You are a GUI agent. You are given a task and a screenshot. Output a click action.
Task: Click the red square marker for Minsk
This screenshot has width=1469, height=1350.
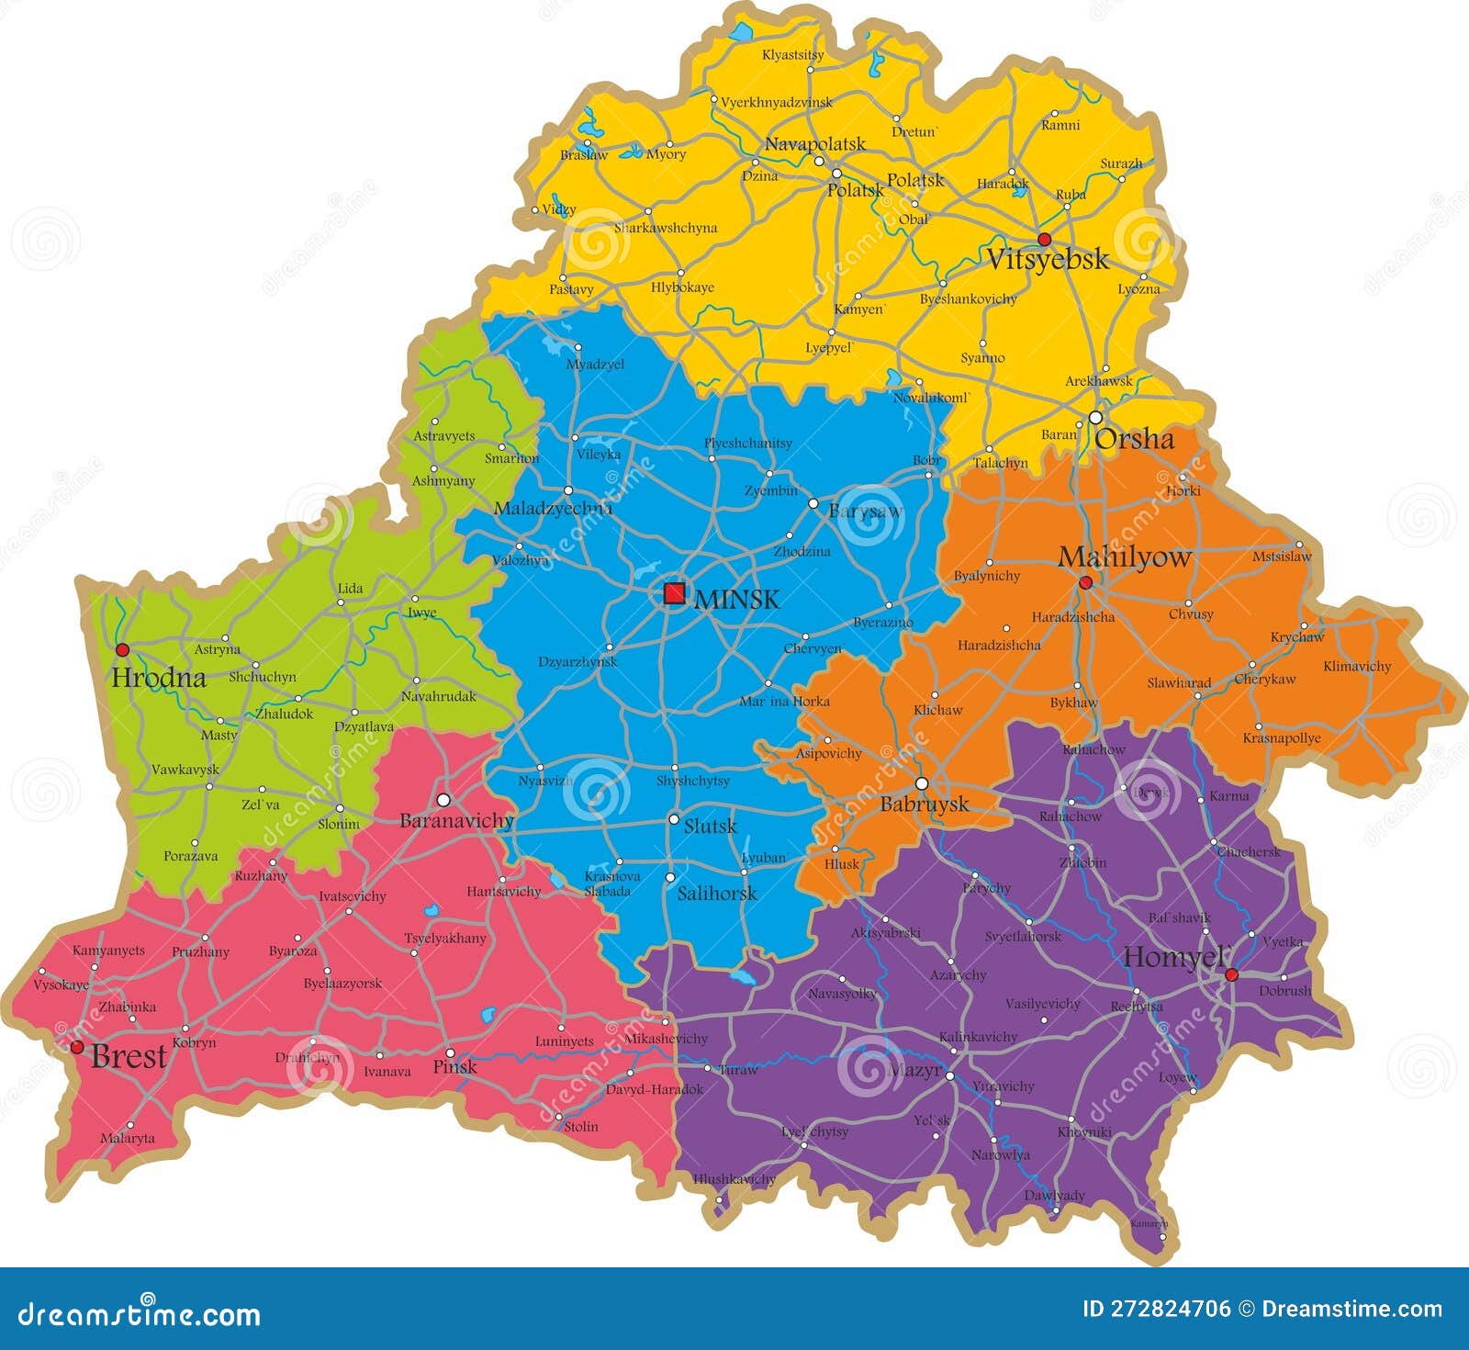(x=674, y=593)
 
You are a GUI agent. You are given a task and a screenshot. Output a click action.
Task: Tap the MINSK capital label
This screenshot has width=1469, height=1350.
(x=737, y=600)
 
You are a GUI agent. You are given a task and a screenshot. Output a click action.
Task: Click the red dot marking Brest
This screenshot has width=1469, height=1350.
(x=77, y=1047)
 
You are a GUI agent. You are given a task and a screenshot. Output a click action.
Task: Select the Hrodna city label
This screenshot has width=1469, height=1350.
(x=158, y=679)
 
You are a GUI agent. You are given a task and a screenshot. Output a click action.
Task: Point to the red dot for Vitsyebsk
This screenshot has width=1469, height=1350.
(x=1044, y=239)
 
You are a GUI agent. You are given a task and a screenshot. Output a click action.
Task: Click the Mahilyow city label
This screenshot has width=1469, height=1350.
(x=1124, y=557)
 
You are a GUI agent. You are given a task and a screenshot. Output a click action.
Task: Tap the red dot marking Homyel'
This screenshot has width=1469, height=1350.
(x=1231, y=974)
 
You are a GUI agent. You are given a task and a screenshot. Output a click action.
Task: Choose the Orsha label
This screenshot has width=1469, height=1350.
(x=1134, y=439)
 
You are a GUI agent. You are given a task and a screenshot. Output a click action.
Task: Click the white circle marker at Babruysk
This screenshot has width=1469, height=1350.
(x=922, y=783)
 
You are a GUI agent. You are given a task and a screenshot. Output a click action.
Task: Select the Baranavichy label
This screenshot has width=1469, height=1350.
(x=456, y=820)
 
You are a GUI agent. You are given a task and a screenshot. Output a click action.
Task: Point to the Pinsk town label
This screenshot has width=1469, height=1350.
(x=454, y=1066)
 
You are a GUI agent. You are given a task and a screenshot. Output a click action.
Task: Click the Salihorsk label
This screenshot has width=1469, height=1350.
(x=716, y=893)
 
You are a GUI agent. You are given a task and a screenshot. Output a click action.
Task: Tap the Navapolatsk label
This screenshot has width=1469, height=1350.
(x=814, y=143)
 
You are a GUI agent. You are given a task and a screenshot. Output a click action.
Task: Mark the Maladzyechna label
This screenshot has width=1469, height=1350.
(x=553, y=508)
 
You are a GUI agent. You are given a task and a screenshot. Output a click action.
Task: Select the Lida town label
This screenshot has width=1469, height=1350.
(x=350, y=588)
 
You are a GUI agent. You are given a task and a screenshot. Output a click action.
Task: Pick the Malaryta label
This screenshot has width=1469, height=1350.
(x=127, y=1138)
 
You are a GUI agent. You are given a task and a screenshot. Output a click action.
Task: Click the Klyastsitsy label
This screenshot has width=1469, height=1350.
(x=792, y=55)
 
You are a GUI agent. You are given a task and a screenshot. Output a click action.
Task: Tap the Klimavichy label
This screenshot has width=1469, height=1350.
(x=1356, y=666)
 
